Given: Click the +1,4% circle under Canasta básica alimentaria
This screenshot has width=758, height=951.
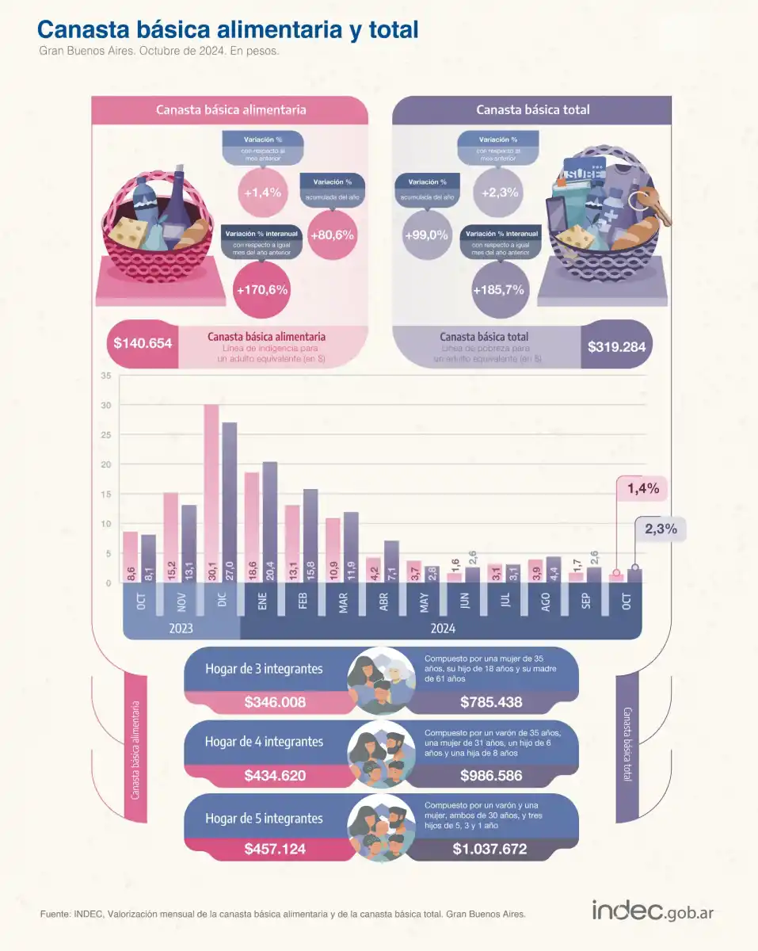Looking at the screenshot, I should pos(263,191).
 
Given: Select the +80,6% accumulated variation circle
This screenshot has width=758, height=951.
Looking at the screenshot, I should pos(332,235).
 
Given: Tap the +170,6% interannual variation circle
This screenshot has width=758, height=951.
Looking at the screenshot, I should pos(262,289).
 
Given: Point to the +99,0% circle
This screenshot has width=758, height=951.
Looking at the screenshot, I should pos(426,235).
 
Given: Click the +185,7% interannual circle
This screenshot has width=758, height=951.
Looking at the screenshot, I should pos(498,289).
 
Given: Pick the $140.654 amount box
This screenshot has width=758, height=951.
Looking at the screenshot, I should pos(143,345).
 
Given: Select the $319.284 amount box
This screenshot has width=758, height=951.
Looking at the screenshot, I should pos(617,346).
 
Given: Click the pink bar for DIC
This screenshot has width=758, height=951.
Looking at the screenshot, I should pos(211,493).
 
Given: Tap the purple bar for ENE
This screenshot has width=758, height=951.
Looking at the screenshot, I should pos(269,521).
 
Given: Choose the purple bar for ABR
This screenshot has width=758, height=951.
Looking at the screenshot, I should pos(391,561).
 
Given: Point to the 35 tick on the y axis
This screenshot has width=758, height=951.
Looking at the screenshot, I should pos(106,376).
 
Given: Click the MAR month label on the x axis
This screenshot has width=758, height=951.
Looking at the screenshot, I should pos(343,602).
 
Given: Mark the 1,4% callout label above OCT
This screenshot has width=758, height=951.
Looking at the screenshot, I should pos(643,489).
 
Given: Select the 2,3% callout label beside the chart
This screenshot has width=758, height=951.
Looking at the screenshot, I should pos(661,529).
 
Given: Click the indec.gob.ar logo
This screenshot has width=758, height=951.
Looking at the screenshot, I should pos(652,911).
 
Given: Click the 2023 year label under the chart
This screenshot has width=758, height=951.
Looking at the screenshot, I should pos(182,628).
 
